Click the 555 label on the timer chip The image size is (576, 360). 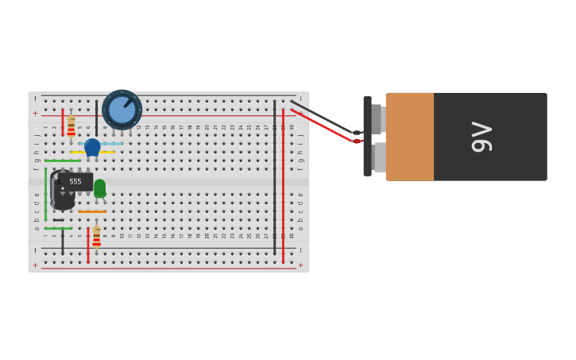pyautogui.click(x=75, y=182)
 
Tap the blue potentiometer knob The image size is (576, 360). pyautogui.click(x=122, y=110)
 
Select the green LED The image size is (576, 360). pyautogui.click(x=99, y=188)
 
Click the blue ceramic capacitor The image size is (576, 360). pyautogui.click(x=92, y=147)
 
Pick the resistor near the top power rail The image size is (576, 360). pyautogui.click(x=71, y=126)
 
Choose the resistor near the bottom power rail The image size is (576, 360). pyautogui.click(x=96, y=237)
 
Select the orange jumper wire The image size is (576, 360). pyautogui.click(x=92, y=211)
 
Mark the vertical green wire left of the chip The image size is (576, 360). pyautogui.click(x=45, y=195)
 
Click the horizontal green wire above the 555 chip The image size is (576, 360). pyautogui.click(x=62, y=161)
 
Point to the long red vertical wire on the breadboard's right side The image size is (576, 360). pyautogui.click(x=283, y=183)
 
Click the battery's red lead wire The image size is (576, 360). pyautogui.click(x=322, y=126)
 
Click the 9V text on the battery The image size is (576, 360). pyautogui.click(x=481, y=137)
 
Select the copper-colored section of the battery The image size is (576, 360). pyautogui.click(x=410, y=137)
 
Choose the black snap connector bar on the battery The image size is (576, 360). pyautogui.click(x=367, y=136)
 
